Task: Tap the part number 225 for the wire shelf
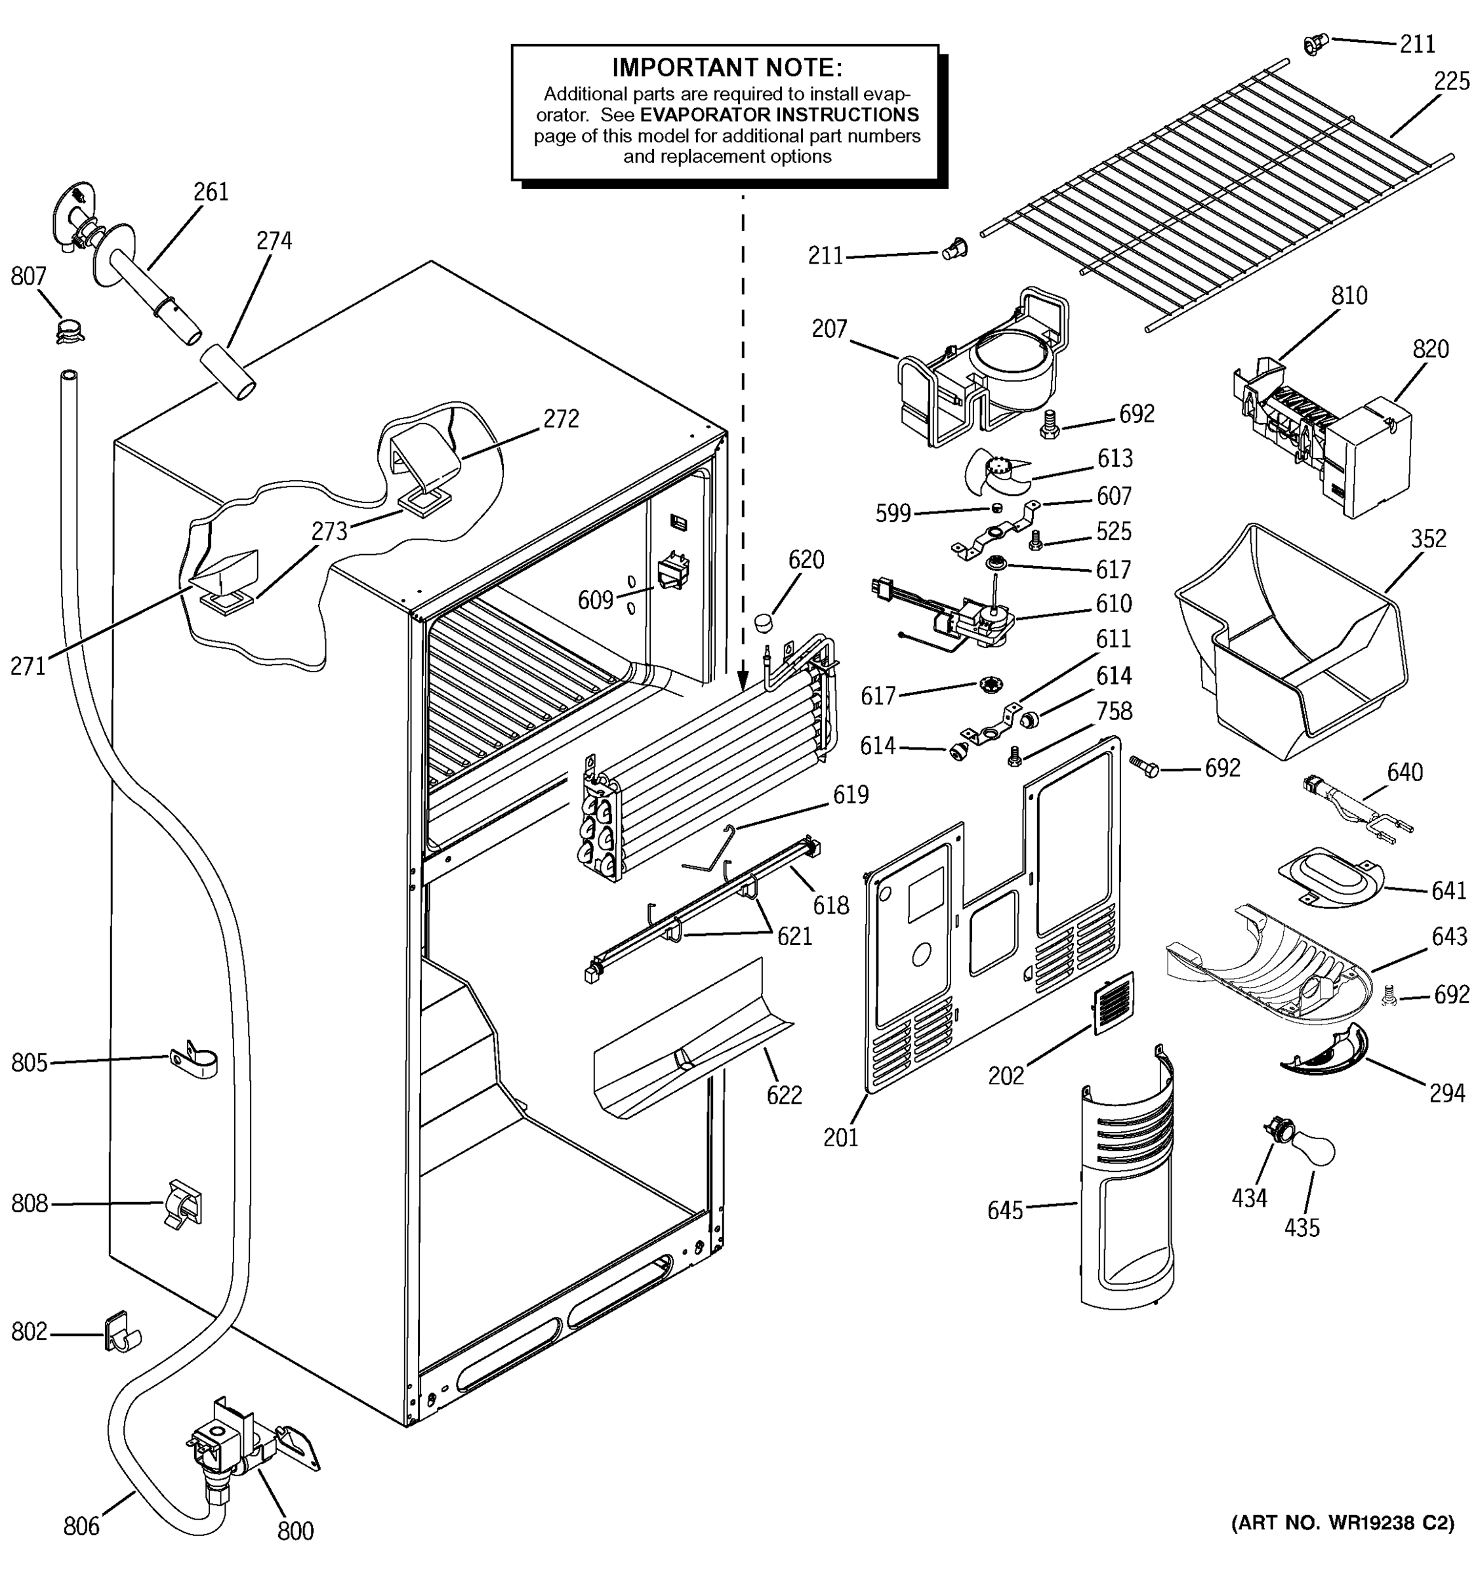coord(1450,81)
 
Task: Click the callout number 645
coord(1004,1210)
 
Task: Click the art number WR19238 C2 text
coord(1343,1523)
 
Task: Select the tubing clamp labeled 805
coord(194,1059)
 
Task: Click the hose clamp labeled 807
coord(70,329)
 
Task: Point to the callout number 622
coord(784,1095)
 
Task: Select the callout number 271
coord(28,666)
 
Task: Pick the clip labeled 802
coord(119,1334)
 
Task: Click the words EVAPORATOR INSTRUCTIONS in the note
coord(779,115)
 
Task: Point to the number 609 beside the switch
coord(596,600)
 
